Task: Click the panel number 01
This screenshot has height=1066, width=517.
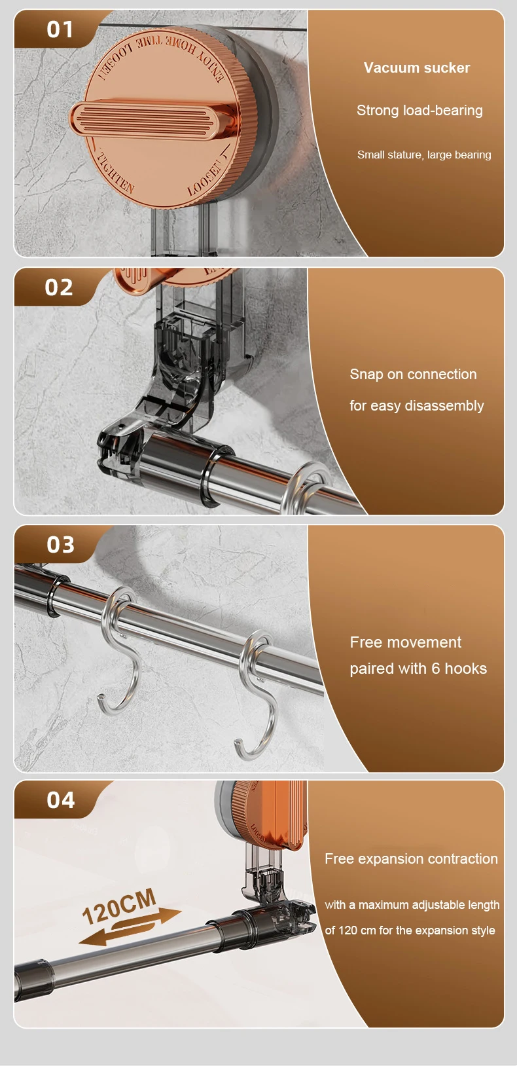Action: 60,29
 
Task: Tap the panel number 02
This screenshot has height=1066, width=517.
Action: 59,287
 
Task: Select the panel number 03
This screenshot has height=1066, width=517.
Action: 60,545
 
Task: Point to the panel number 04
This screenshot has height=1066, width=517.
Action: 60,800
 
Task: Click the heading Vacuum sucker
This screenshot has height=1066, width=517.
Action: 417,67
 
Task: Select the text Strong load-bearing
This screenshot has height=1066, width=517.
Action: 419,111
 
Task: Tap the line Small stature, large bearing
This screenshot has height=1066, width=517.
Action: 424,155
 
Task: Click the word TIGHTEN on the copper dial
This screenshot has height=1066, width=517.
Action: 116,172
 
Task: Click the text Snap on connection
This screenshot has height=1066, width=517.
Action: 413,374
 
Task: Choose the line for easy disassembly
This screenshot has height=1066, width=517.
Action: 417,405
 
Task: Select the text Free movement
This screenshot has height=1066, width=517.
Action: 406,642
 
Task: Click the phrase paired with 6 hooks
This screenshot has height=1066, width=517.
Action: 418,669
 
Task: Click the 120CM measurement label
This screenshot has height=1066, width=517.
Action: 119,906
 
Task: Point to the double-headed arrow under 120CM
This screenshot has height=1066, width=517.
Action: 130,927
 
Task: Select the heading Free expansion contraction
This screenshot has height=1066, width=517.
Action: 412,858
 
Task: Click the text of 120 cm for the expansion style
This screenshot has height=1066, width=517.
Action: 410,930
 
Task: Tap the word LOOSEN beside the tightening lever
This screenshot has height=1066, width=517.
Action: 206,177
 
